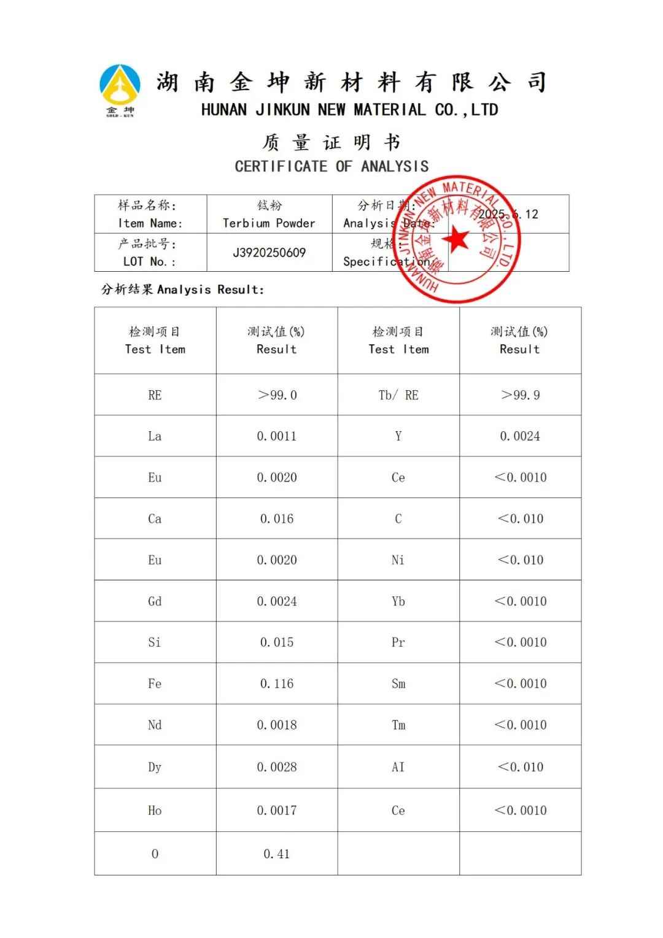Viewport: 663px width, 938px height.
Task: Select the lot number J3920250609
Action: coord(269,253)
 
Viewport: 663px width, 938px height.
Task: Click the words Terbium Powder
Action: coord(269,223)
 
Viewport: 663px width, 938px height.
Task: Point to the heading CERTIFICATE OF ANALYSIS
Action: coord(331,166)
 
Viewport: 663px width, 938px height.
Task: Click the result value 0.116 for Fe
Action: coord(277,683)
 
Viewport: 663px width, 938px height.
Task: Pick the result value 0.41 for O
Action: coord(277,853)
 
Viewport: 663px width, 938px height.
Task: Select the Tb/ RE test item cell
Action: coord(398,395)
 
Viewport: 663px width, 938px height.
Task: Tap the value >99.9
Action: coord(521,395)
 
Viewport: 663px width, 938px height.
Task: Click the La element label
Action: coord(155,436)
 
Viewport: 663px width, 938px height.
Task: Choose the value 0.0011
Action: coord(277,436)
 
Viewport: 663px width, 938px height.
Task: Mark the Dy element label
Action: coord(155,767)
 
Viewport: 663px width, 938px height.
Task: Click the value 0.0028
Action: coord(277,767)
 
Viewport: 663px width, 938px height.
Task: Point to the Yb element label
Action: coord(398,601)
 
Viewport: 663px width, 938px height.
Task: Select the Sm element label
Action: coord(398,683)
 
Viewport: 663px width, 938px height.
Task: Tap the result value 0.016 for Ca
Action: coord(277,519)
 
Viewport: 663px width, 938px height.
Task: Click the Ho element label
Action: coord(155,810)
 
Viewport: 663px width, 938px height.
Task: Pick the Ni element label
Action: coord(398,560)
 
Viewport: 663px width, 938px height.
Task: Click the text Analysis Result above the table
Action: coord(211,290)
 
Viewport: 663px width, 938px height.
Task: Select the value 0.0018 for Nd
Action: coord(277,725)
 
